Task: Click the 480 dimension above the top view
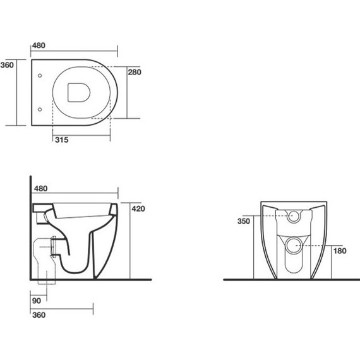point(39,45)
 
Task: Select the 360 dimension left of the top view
point(7,65)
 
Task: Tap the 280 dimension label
point(135,72)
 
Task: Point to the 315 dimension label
point(61,140)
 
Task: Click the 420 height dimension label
point(138,208)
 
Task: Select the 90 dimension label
point(37,301)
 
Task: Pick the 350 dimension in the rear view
point(244,221)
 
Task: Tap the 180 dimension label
point(340,251)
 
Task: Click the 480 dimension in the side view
point(40,188)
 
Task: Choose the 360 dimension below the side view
point(39,315)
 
